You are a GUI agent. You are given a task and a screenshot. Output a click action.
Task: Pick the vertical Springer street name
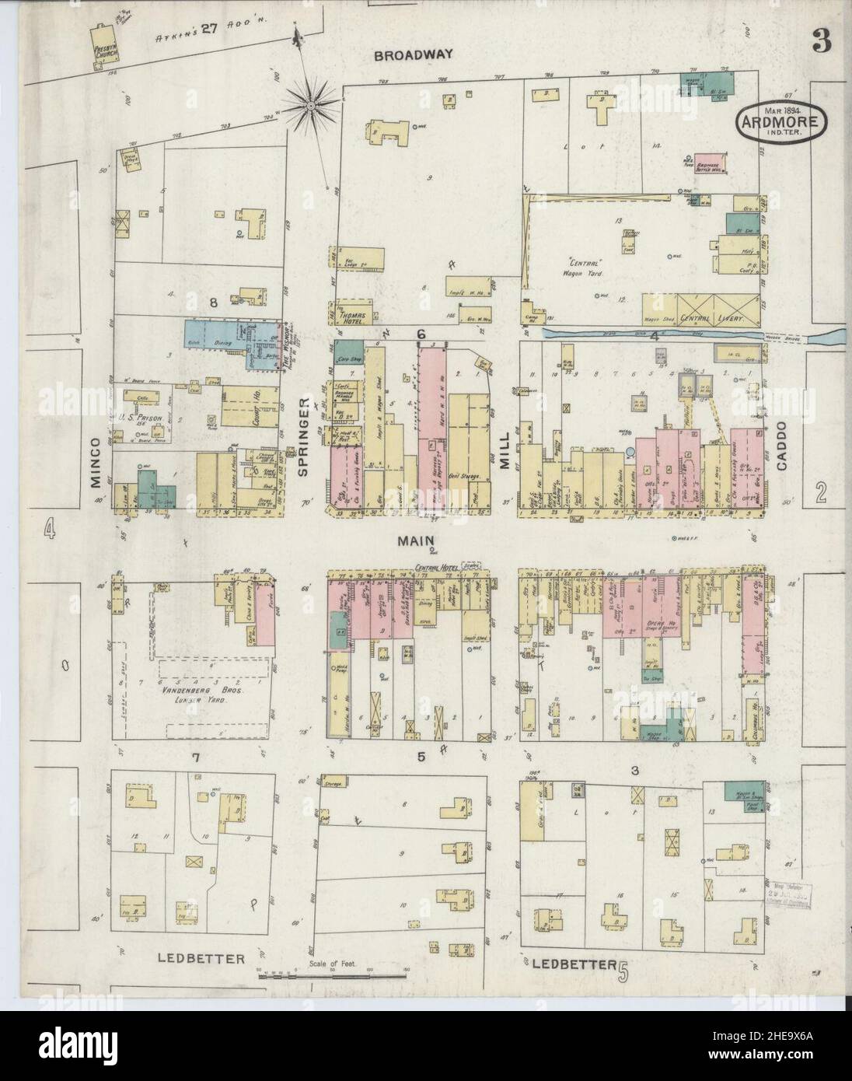coord(305,436)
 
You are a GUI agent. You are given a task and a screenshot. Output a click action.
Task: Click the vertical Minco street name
coord(95,462)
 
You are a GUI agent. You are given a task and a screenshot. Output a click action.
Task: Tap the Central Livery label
coord(713,319)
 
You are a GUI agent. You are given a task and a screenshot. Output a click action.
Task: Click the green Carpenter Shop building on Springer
coord(352,350)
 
